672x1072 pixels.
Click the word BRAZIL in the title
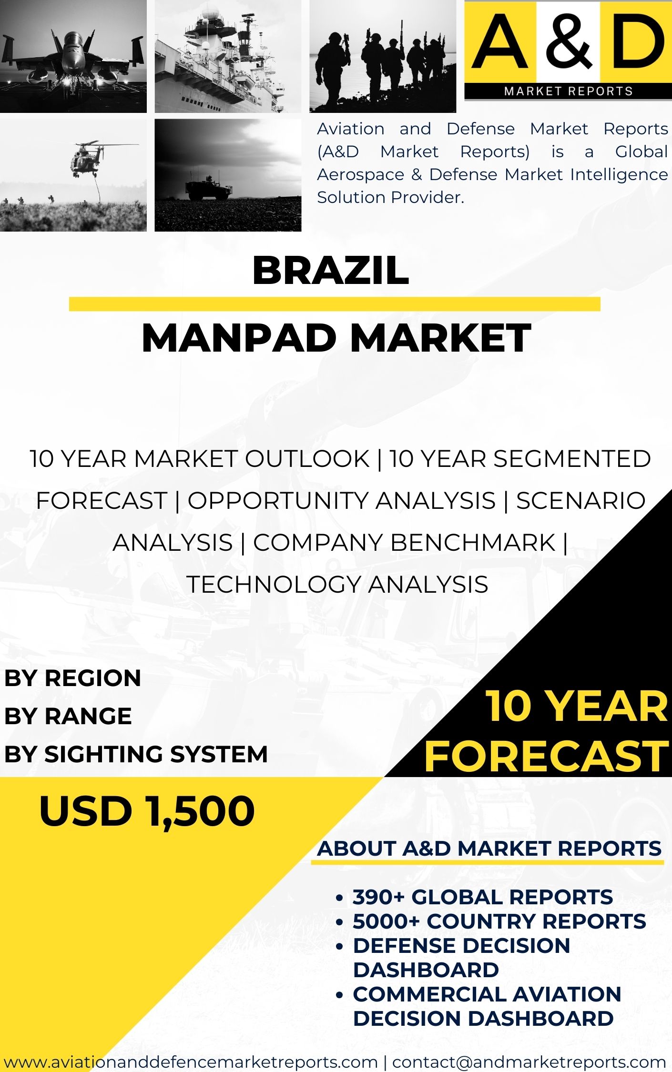[x=330, y=270]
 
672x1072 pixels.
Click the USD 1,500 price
[x=147, y=811]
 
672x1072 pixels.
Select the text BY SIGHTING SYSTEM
[x=136, y=754]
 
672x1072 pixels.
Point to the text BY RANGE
[x=68, y=716]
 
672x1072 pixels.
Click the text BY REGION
[x=72, y=678]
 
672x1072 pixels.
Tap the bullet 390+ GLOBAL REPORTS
[x=482, y=897]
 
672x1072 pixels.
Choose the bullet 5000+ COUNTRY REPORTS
[x=499, y=921]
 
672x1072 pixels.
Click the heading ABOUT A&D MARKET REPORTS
[x=489, y=849]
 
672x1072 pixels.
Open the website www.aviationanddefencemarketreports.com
[x=191, y=1062]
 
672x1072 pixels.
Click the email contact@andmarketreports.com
[x=529, y=1062]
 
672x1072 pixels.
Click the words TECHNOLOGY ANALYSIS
[x=337, y=585]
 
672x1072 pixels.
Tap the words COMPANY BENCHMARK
[x=404, y=543]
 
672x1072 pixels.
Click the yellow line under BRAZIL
[x=335, y=304]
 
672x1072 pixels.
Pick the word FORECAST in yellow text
[x=546, y=756]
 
